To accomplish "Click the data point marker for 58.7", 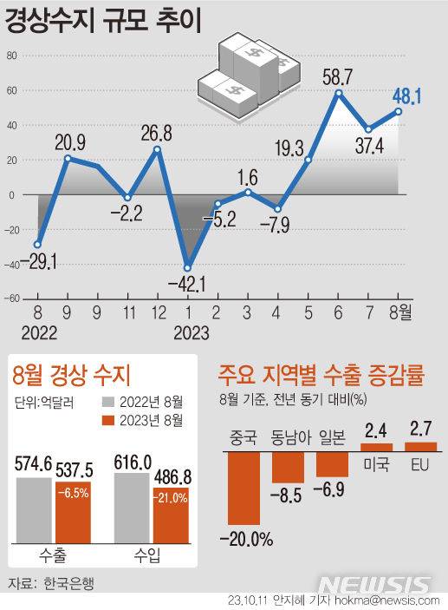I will (339, 93).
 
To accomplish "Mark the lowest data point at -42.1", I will (186, 267).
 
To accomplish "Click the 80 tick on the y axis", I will (12, 56).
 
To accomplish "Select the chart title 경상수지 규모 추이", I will (104, 22).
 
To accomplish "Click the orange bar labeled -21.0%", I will (171, 515).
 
